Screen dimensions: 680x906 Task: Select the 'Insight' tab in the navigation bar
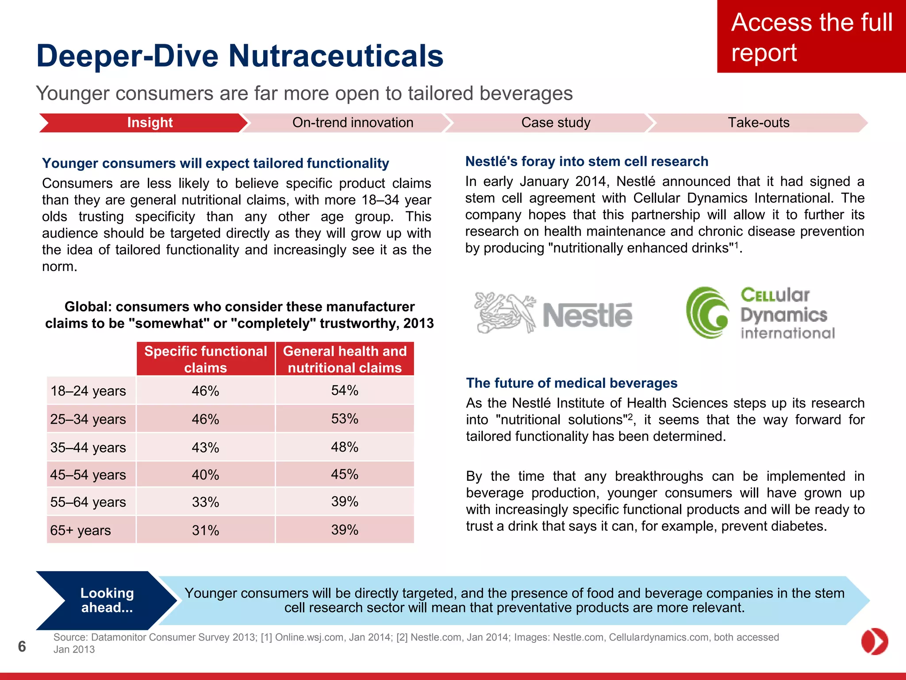pos(150,123)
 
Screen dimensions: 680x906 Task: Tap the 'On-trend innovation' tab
pos(353,123)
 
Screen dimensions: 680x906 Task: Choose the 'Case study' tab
pos(556,123)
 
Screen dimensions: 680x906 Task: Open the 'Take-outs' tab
pos(758,123)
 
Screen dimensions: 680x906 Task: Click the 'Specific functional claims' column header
pos(206,359)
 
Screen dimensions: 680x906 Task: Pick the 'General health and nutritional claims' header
pos(345,359)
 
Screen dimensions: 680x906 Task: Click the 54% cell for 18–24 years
pos(345,390)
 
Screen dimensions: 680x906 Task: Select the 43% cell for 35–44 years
pos(206,447)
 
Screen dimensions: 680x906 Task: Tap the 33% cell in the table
pos(206,502)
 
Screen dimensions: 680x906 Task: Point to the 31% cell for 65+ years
pos(206,530)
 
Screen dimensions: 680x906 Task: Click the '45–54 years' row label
pos(88,475)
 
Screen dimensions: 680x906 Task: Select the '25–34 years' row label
pos(88,419)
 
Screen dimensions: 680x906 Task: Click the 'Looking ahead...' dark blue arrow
pos(107,600)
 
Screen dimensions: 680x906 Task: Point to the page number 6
pos(22,646)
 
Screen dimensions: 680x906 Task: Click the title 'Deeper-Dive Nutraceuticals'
pos(240,56)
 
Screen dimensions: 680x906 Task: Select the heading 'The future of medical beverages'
pos(572,383)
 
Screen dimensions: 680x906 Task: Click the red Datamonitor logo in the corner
pos(874,641)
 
